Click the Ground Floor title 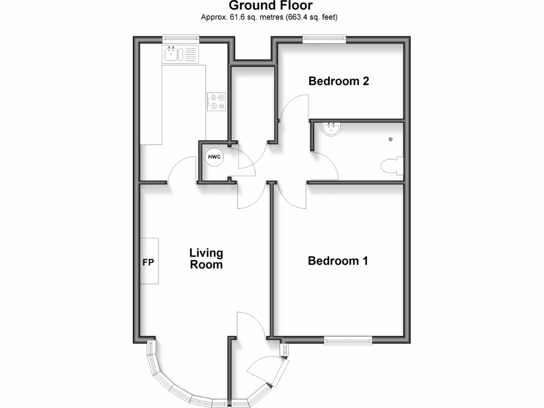click(x=271, y=6)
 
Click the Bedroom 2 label click(x=338, y=81)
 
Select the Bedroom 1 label click(x=338, y=261)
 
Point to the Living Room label click(x=206, y=259)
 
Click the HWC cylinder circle click(x=215, y=157)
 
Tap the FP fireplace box click(x=149, y=261)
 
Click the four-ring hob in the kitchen click(x=217, y=101)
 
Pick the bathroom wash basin click(x=331, y=129)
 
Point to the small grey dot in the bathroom click(x=391, y=139)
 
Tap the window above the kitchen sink click(x=181, y=38)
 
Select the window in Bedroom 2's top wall click(x=324, y=38)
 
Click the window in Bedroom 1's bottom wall click(x=348, y=341)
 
